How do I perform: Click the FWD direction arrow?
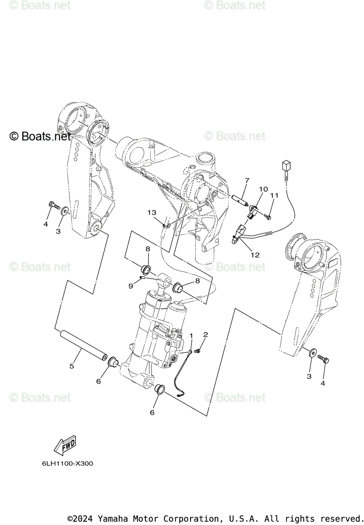coord(65,445)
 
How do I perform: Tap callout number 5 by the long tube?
coord(72,366)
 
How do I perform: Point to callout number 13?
coord(152,212)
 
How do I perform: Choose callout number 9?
coord(131,286)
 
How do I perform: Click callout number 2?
coord(205,335)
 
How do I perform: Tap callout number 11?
coord(274,196)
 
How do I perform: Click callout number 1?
coord(191,335)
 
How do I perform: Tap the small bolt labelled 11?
coord(269,216)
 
